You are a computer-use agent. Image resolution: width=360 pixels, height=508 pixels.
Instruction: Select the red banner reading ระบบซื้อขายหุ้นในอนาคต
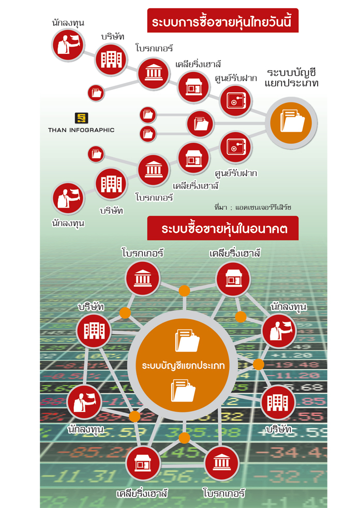(223, 228)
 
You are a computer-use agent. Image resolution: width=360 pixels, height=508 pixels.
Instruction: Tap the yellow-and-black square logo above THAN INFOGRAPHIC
(81, 118)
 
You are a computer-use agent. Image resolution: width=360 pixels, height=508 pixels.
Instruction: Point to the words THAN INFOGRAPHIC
(81, 130)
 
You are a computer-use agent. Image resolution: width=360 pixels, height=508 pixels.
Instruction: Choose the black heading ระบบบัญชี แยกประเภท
(291, 78)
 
